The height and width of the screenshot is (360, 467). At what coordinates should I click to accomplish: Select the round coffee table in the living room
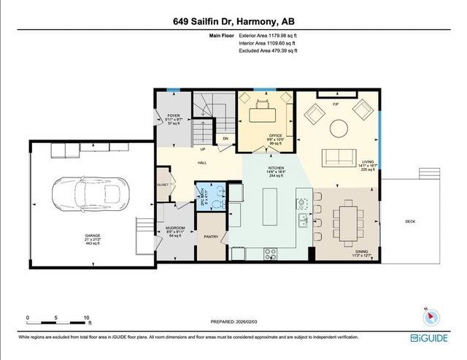point(339,129)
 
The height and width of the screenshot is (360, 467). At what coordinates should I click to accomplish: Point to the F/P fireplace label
point(336,104)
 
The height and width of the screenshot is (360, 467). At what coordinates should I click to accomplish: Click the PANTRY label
point(212,237)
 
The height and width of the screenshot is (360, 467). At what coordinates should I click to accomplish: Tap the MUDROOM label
point(174,228)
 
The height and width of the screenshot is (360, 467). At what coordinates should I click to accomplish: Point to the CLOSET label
point(162,185)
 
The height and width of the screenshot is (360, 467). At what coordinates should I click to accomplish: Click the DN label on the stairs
point(225,138)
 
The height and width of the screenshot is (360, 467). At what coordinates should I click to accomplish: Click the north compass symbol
point(430,315)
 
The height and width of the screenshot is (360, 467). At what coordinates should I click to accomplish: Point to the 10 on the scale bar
point(86,318)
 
